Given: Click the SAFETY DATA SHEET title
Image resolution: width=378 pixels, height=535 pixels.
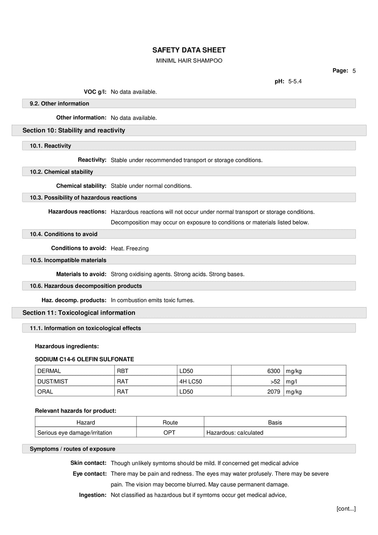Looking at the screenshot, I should click(x=189, y=50).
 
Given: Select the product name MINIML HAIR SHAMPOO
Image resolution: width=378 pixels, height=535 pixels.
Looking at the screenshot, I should click(x=189, y=61).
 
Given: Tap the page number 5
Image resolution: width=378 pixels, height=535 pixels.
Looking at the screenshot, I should click(x=354, y=71).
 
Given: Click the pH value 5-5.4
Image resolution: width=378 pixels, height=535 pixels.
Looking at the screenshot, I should click(x=295, y=82).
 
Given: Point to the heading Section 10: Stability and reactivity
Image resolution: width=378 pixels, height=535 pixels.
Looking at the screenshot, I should click(x=74, y=130).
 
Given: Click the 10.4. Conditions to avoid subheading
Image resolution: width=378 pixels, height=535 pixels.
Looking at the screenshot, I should click(x=63, y=234).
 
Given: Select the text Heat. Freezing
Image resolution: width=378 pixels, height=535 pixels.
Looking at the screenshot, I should click(x=129, y=249).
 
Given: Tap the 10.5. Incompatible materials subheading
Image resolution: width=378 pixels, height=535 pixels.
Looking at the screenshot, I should click(x=68, y=260).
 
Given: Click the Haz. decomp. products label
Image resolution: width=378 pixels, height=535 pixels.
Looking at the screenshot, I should click(x=74, y=300).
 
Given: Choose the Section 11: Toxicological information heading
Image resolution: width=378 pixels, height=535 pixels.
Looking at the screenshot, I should click(x=79, y=313).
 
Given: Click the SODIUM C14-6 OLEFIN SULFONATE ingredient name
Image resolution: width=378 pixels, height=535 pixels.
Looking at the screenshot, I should click(x=84, y=359).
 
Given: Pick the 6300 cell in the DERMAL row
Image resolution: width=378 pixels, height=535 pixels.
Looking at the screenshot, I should click(x=273, y=371).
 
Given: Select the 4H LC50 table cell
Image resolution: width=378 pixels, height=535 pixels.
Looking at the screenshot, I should click(x=190, y=382).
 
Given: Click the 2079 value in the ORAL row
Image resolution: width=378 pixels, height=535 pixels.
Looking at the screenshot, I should click(x=273, y=392).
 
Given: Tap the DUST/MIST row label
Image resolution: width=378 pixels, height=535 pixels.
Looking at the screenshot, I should click(x=53, y=382).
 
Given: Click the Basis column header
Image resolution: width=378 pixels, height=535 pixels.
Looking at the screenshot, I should click(x=275, y=423).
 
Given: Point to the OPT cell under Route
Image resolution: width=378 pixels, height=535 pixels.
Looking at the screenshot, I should click(x=169, y=433).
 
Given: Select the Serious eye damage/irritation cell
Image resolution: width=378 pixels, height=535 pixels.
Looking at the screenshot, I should click(x=75, y=433).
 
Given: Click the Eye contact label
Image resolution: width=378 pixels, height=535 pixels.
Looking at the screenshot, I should click(x=90, y=474).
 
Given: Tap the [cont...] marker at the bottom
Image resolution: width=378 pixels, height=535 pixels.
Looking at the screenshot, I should click(x=346, y=509).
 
